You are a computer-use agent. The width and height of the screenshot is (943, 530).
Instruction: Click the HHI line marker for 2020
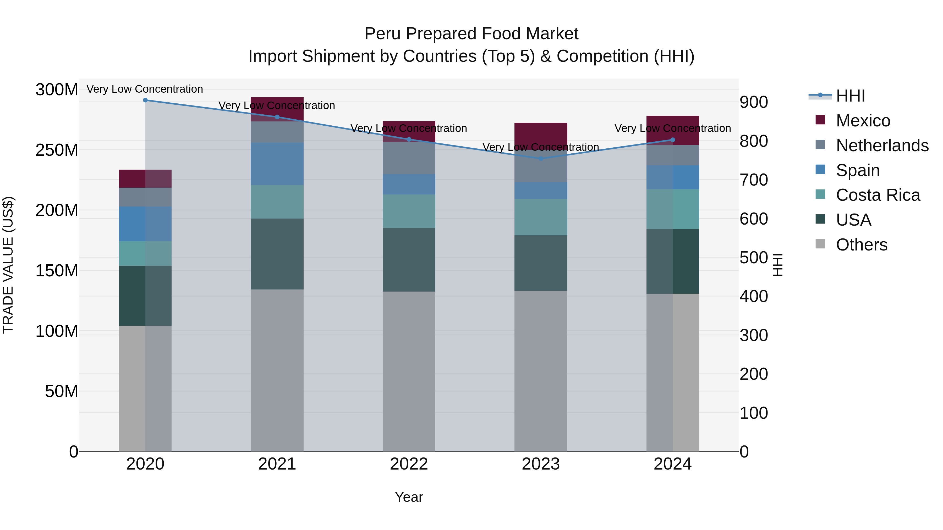point(145,100)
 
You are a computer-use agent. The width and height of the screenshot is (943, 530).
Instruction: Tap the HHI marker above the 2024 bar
point(672,140)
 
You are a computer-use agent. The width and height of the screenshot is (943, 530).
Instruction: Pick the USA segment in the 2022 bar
point(409,260)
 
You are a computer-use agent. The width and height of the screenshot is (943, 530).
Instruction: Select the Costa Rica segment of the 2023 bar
point(541,217)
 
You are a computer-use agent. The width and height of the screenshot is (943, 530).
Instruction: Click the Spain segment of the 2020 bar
point(145,224)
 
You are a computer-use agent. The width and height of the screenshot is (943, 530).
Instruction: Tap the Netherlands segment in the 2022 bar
point(409,158)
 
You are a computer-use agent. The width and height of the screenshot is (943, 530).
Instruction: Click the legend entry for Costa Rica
point(878,195)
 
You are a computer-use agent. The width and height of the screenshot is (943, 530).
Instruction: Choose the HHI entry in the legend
point(850,96)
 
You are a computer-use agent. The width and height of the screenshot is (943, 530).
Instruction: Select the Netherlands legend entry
point(882,146)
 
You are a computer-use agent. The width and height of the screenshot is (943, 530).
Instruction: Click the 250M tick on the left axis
point(57,150)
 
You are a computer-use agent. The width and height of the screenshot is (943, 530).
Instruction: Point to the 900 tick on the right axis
point(754,102)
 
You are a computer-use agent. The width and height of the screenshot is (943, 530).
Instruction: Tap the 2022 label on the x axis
point(409,464)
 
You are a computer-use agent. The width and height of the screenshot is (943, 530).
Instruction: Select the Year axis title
point(409,497)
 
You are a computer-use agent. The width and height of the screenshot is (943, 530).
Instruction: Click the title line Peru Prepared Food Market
point(471,34)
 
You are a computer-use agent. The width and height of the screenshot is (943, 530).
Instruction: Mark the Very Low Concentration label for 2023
point(541,147)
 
